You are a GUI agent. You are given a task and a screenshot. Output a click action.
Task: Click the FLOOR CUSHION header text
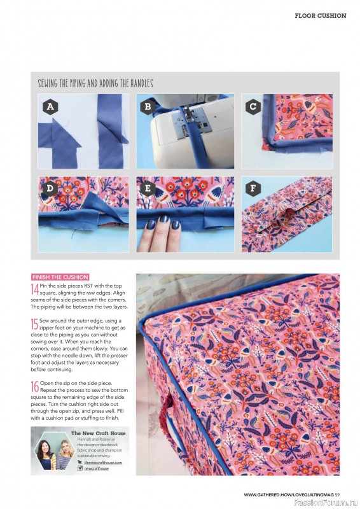(x=320, y=15)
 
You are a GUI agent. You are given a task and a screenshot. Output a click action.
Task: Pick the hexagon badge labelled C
(x=253, y=107)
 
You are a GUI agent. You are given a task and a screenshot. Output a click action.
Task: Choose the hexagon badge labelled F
(x=253, y=189)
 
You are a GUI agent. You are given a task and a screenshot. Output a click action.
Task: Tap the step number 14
(x=34, y=289)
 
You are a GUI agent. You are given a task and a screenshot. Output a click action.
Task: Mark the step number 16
(x=34, y=386)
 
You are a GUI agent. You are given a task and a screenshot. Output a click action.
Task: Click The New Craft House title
(x=98, y=433)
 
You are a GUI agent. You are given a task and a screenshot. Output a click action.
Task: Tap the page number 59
(x=337, y=494)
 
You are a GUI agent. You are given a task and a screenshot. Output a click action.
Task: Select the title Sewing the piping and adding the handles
(x=95, y=83)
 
